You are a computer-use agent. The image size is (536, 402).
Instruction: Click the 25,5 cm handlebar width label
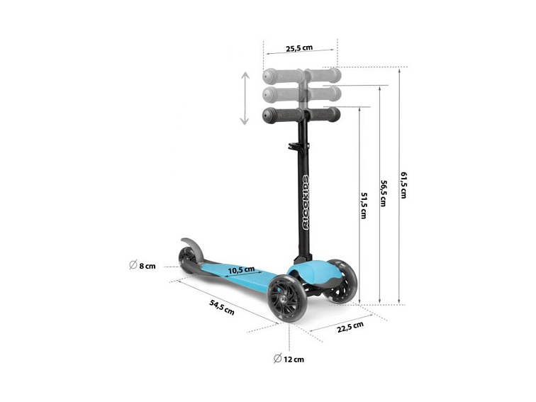(x=299, y=48)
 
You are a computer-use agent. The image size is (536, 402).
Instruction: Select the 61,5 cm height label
(x=403, y=185)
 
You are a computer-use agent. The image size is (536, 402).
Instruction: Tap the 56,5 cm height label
(x=384, y=193)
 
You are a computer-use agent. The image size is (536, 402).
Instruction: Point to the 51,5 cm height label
(x=364, y=206)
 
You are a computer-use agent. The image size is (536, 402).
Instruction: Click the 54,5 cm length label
(x=222, y=307)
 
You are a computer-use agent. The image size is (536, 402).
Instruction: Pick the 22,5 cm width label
(x=350, y=327)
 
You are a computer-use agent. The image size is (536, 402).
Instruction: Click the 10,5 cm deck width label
(x=241, y=270)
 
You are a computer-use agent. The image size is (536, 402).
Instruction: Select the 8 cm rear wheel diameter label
(x=143, y=266)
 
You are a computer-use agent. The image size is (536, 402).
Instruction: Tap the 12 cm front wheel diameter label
(x=289, y=359)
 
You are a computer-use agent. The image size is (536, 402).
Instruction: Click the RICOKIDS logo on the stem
(x=306, y=202)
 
